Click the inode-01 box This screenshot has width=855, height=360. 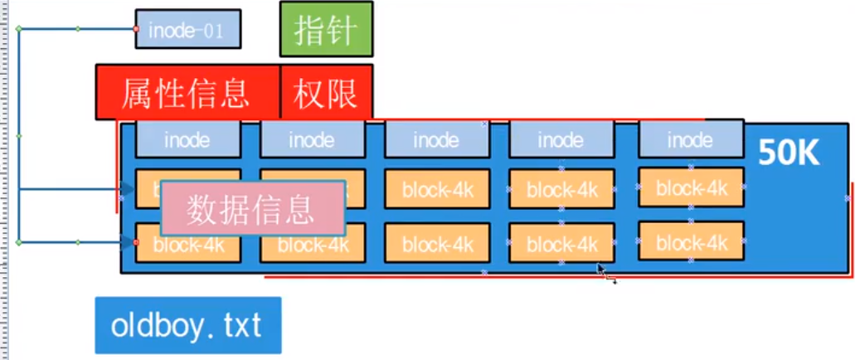(x=188, y=29)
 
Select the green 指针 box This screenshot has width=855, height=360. (x=326, y=29)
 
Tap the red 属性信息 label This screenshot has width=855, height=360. (x=187, y=93)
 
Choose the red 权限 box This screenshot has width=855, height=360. (x=326, y=93)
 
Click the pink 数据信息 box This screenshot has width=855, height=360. (x=252, y=207)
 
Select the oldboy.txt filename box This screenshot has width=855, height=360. (x=187, y=325)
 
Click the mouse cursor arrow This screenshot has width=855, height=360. (x=601, y=270)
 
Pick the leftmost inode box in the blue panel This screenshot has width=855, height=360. (x=188, y=139)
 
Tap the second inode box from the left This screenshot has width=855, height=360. (x=313, y=139)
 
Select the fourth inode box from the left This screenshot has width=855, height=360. (x=561, y=139)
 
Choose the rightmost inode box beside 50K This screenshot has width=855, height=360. (x=691, y=139)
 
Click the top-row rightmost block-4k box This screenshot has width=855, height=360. (x=691, y=187)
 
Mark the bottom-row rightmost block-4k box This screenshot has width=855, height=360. (x=691, y=242)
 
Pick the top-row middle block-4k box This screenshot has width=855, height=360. (x=437, y=189)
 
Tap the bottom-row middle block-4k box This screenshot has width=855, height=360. (x=437, y=244)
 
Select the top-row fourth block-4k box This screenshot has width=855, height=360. (x=561, y=189)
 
